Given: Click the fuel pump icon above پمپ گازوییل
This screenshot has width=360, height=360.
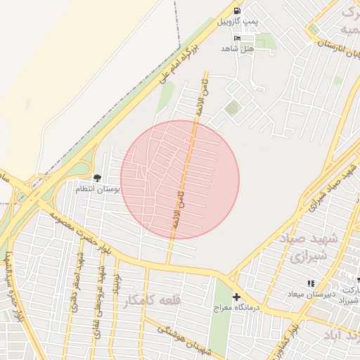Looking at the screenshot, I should [x=236, y=11].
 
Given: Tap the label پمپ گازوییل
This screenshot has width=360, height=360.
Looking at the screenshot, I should [x=237, y=22].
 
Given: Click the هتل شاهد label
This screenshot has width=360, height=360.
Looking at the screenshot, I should [x=236, y=48].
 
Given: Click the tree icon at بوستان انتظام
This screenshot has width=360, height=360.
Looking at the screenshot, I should [x=97, y=178].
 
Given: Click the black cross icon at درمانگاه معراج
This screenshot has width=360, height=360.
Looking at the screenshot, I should [x=236, y=297].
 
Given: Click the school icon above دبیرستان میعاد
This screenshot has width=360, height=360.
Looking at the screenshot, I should [x=311, y=283].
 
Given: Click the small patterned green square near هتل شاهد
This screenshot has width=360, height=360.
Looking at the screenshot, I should [x=232, y=108].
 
